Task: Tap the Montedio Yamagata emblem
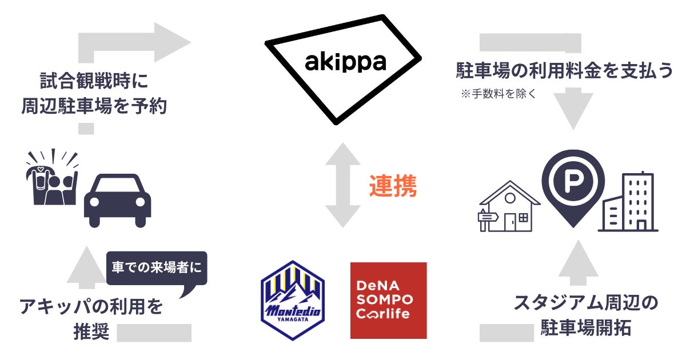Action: (x=292, y=300)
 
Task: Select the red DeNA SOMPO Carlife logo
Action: (x=388, y=300)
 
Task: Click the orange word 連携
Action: (x=392, y=187)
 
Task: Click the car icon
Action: (x=118, y=200)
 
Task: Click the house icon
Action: (x=509, y=207)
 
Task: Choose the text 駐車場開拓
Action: (x=585, y=328)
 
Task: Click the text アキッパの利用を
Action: (x=91, y=307)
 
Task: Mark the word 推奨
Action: (x=91, y=332)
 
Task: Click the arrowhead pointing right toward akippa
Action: (x=171, y=41)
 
